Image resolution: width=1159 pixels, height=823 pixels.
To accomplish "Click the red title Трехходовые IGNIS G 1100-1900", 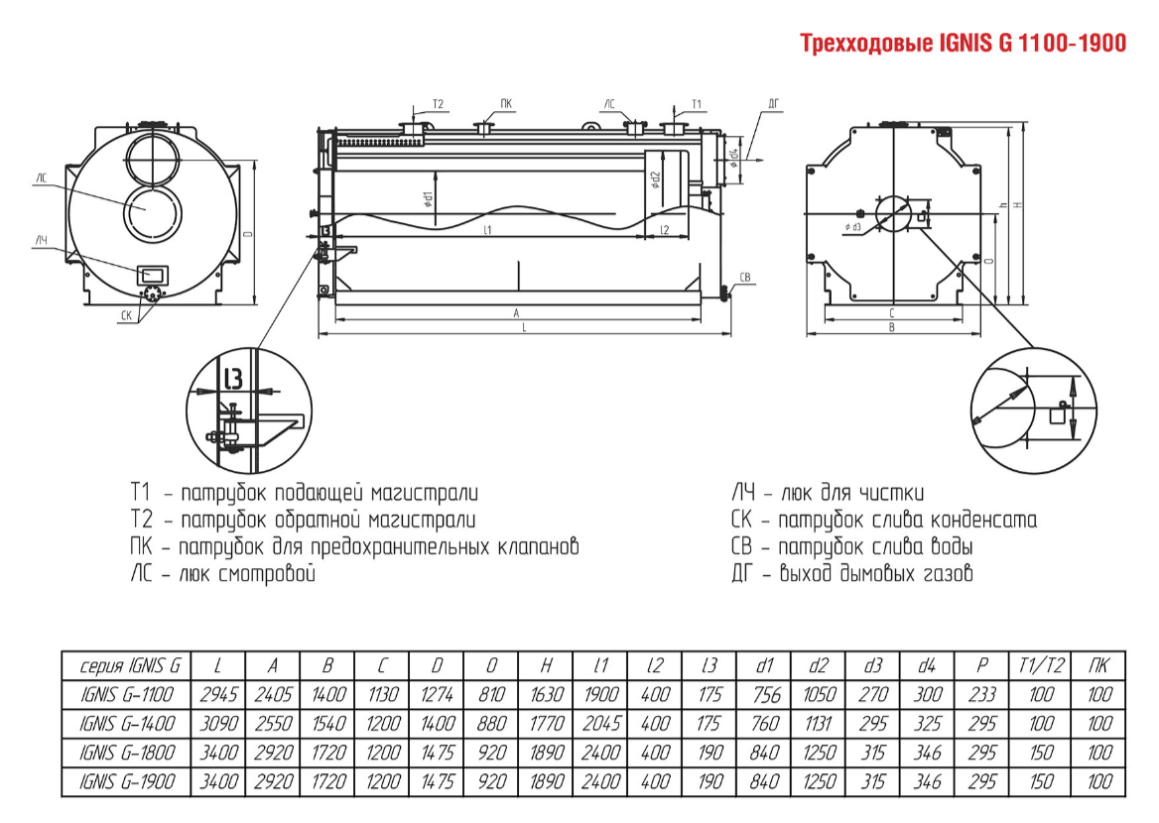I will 963,45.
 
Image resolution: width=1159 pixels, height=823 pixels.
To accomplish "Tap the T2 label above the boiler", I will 437,104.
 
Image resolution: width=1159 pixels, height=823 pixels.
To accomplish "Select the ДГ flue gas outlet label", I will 774,103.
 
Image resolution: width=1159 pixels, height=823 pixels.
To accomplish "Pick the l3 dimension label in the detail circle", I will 233,378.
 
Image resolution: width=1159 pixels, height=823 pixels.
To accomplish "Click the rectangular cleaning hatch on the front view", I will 154,273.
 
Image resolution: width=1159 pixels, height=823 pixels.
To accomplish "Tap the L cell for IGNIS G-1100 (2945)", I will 218,695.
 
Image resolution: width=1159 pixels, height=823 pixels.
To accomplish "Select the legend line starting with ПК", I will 353,546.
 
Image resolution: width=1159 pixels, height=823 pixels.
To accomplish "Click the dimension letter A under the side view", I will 517,312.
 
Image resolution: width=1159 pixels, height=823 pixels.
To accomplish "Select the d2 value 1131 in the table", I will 818,724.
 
